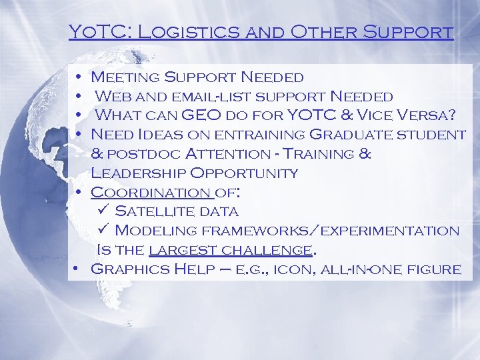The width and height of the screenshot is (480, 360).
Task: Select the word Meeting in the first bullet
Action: [x=126, y=77]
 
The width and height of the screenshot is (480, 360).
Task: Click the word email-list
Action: [x=219, y=97]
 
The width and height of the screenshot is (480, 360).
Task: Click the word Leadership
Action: [x=137, y=173]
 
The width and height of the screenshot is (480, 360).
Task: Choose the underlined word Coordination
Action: [x=149, y=193]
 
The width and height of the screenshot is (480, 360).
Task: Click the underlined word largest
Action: [x=174, y=251]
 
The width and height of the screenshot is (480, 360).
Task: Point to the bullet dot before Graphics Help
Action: [x=77, y=269]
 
